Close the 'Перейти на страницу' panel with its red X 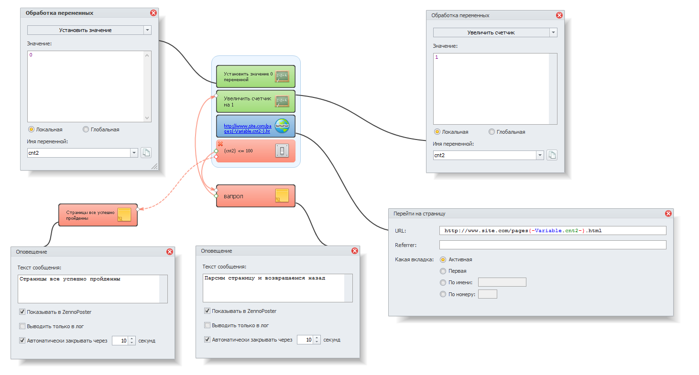click(x=668, y=214)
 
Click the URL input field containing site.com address click(x=552, y=231)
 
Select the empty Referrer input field click(x=552, y=245)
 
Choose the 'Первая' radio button click(x=443, y=271)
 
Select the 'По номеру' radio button click(x=443, y=294)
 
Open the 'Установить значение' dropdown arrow click(x=147, y=30)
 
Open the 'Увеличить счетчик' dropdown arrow click(x=553, y=32)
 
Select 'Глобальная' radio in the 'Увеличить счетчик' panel click(x=492, y=132)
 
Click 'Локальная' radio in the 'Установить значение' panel click(x=32, y=129)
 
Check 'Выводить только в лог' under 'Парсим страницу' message click(x=208, y=325)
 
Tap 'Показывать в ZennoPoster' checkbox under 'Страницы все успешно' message click(x=22, y=312)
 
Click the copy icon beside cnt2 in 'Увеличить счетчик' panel click(x=552, y=155)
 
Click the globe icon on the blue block click(x=282, y=126)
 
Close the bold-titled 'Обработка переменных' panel click(x=153, y=13)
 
